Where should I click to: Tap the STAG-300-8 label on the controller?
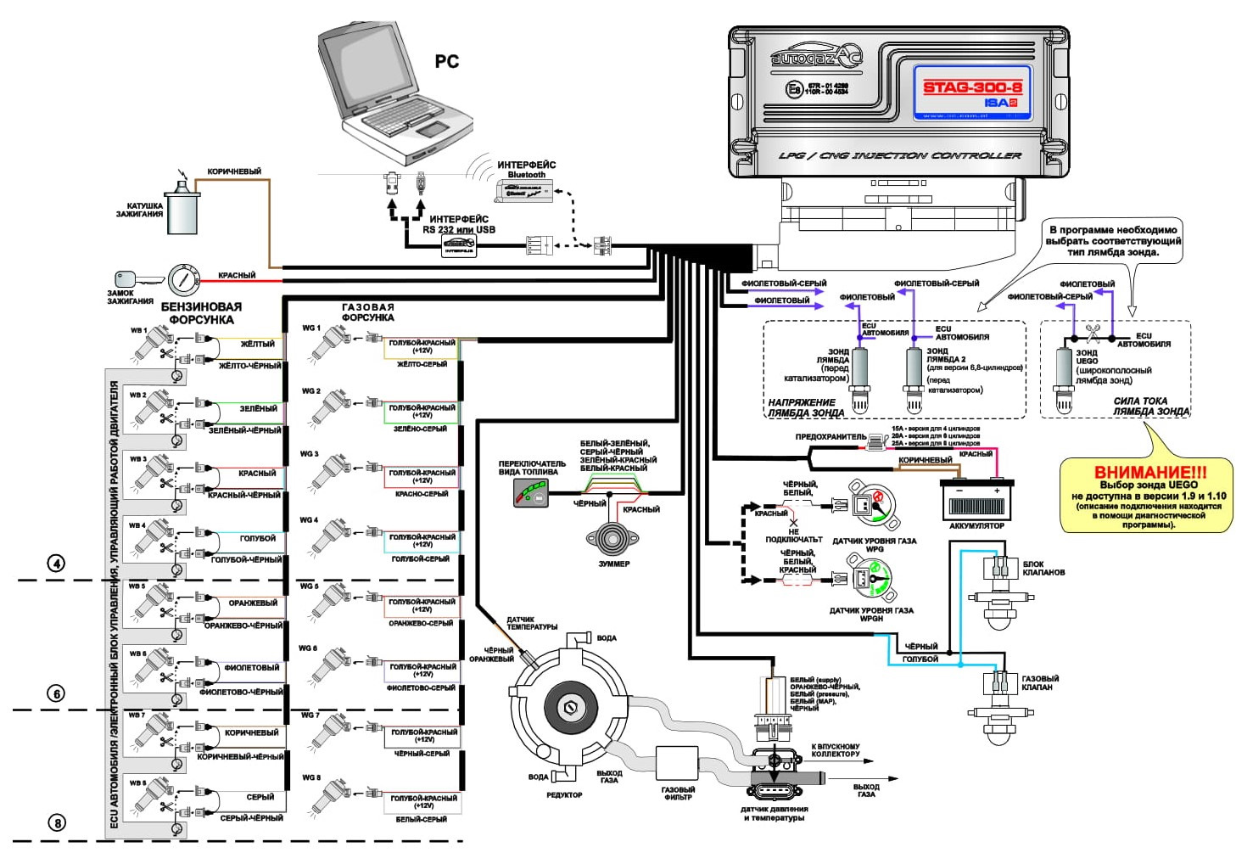[972, 87]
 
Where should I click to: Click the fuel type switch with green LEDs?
[532, 493]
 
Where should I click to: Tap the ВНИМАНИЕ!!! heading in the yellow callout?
[1149, 473]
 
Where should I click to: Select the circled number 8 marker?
[56, 822]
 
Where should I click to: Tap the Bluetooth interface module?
[524, 189]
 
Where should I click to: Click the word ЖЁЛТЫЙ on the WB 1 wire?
[257, 345]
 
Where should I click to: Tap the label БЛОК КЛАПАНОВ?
[1044, 568]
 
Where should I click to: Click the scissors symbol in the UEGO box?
[1093, 330]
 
